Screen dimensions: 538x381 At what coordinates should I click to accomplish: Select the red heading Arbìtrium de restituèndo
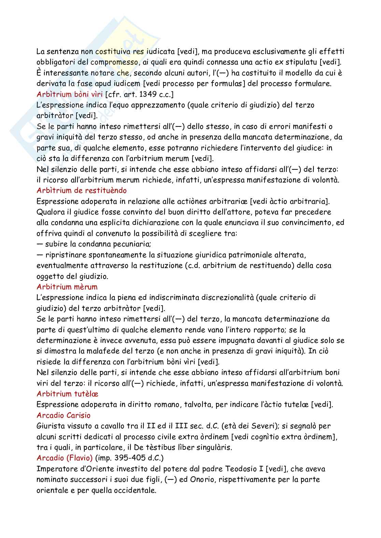[x=82, y=190]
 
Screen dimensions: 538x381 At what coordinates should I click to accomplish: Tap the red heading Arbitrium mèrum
[x=67, y=287]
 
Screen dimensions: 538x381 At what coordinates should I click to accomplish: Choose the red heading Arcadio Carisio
[x=63, y=415]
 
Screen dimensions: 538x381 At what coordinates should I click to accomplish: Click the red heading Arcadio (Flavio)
[x=65, y=458]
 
